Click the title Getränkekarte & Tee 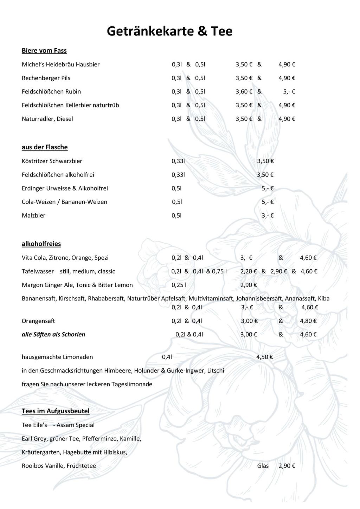click(x=169, y=31)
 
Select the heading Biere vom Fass click(x=44, y=51)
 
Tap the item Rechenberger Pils click(x=46, y=78)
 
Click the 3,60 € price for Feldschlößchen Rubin click(x=244, y=92)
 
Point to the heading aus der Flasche click(x=45, y=147)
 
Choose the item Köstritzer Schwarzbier click(x=52, y=161)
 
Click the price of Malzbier click(x=268, y=215)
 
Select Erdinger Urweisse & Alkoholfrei click(x=65, y=188)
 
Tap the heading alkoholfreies click(x=41, y=244)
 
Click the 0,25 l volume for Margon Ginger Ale click(x=179, y=285)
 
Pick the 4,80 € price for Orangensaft click(x=308, y=321)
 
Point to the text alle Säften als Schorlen click(x=53, y=335)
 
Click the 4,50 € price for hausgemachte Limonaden click(x=265, y=357)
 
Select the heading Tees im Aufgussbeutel click(x=56, y=411)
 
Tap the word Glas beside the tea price click(x=263, y=466)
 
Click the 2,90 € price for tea click(x=287, y=466)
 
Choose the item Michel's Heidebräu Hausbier click(x=60, y=64)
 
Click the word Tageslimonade click(x=132, y=384)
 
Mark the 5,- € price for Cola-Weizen click(x=268, y=202)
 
